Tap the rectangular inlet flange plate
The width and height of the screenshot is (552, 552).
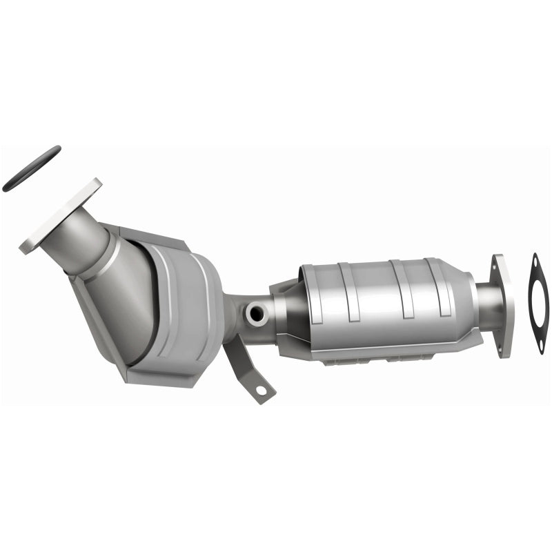pos(61,216)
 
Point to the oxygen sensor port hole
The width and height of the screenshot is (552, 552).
pos(255,314)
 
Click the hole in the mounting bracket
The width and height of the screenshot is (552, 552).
pos(261,391)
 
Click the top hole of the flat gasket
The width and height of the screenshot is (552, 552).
pos(535,260)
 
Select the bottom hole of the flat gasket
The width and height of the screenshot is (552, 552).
pos(541,348)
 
